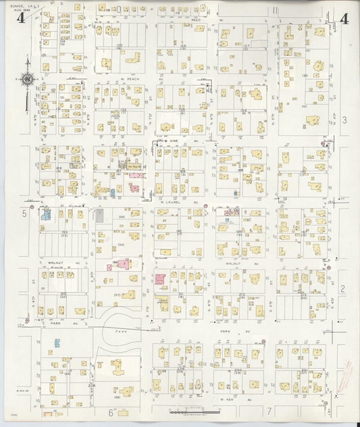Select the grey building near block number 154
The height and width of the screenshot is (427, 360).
(x=100, y=216)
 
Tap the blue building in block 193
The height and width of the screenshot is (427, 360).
(x=47, y=215)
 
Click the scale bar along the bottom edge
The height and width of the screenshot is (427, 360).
(x=192, y=411)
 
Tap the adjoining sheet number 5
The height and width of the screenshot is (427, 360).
(x=24, y=214)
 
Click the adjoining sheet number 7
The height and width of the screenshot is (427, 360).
(x=268, y=411)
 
